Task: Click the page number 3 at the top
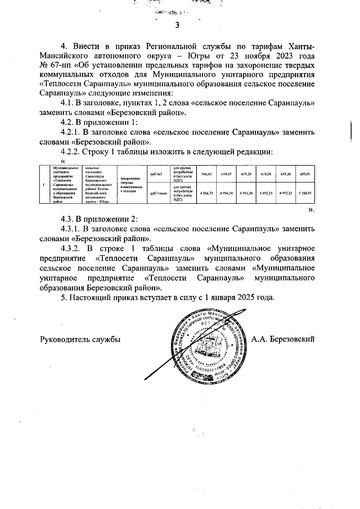coord(177,25)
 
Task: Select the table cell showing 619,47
coord(226,174)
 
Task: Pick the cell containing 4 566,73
coord(206,193)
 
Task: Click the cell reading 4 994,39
coord(226,193)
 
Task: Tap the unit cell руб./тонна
coord(158,193)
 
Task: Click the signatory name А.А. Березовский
coord(283,339)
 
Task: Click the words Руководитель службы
coord(80,340)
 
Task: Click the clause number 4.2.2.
coord(70,152)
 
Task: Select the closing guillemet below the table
coord(311,210)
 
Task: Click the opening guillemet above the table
coord(63,162)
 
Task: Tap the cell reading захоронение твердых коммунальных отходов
coord(131,184)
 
